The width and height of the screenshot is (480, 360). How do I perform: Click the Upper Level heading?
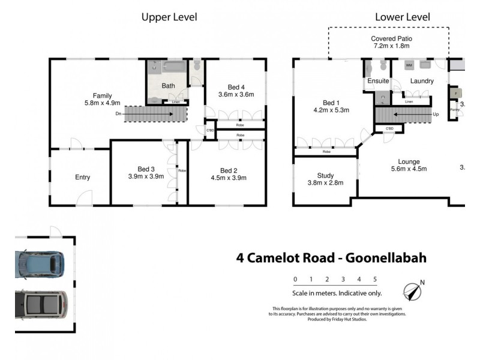tap(169, 17)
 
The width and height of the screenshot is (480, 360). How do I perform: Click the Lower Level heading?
tap(402, 17)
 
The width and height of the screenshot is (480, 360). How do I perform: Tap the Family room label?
tap(102, 95)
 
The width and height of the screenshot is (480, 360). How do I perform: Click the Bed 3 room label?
tap(146, 169)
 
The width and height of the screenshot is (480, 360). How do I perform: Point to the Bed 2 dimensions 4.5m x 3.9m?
tap(229, 178)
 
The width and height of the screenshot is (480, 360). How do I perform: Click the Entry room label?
tap(82, 177)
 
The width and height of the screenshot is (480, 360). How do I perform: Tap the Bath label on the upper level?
tap(168, 86)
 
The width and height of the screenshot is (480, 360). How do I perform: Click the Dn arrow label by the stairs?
tap(118, 113)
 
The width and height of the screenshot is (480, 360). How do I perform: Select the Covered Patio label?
tap(391, 38)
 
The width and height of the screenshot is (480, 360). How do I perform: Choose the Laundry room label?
tap(421, 81)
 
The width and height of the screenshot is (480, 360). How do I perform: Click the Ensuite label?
tap(378, 81)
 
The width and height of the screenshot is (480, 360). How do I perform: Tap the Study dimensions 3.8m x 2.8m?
tap(325, 183)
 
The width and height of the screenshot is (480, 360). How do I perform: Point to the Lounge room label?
tap(408, 161)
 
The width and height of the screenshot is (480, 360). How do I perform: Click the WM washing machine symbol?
tap(409, 65)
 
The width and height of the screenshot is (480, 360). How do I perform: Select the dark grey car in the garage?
tap(41, 305)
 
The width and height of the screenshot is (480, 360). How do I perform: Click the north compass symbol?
tap(412, 291)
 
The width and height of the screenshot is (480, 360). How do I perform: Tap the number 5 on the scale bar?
tap(374, 279)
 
